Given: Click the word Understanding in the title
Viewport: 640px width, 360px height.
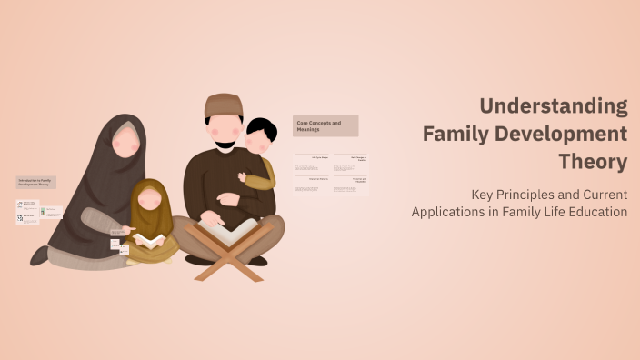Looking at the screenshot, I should click(554, 106).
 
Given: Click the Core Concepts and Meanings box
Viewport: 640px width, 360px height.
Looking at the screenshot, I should click(325, 125).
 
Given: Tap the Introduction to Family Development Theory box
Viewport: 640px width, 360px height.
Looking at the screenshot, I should click(36, 182).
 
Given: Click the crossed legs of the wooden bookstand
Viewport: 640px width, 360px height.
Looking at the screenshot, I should click(226, 262).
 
